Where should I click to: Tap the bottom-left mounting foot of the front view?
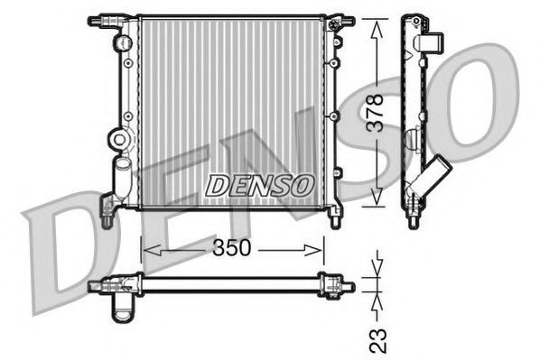pyautogui.click(x=107, y=217)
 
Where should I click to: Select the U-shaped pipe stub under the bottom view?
pyautogui.click(x=121, y=308)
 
